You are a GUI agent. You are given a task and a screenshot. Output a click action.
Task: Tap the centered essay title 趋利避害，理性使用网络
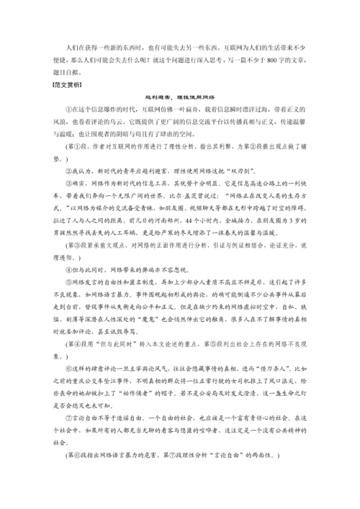coord(179,116)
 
